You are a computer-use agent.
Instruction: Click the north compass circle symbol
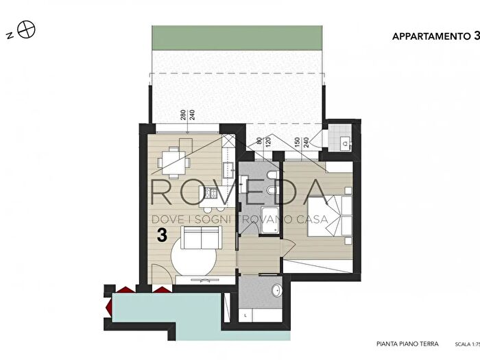coord(26,29)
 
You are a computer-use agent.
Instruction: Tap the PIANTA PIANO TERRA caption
coord(407,344)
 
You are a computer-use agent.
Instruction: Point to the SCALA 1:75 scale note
coord(468,344)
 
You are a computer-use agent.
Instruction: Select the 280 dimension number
coord(183,115)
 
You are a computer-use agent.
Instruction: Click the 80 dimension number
coord(259,141)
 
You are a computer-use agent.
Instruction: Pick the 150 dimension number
coord(297,143)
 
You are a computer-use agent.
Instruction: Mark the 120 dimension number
coord(268,143)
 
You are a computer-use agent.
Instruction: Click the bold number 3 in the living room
coord(162,235)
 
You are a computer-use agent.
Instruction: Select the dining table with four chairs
coord(173,162)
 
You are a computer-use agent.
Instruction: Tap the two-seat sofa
coord(202,237)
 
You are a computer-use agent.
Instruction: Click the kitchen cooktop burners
coord(210,193)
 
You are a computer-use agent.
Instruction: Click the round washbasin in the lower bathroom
coord(277,289)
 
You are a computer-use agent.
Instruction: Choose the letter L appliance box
coord(246,315)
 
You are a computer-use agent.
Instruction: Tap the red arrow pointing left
coord(108,306)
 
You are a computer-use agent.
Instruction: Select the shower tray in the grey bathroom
coord(269,219)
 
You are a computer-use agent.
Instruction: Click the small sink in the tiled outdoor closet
coord(346,143)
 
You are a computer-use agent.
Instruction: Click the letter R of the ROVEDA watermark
coord(162,192)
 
